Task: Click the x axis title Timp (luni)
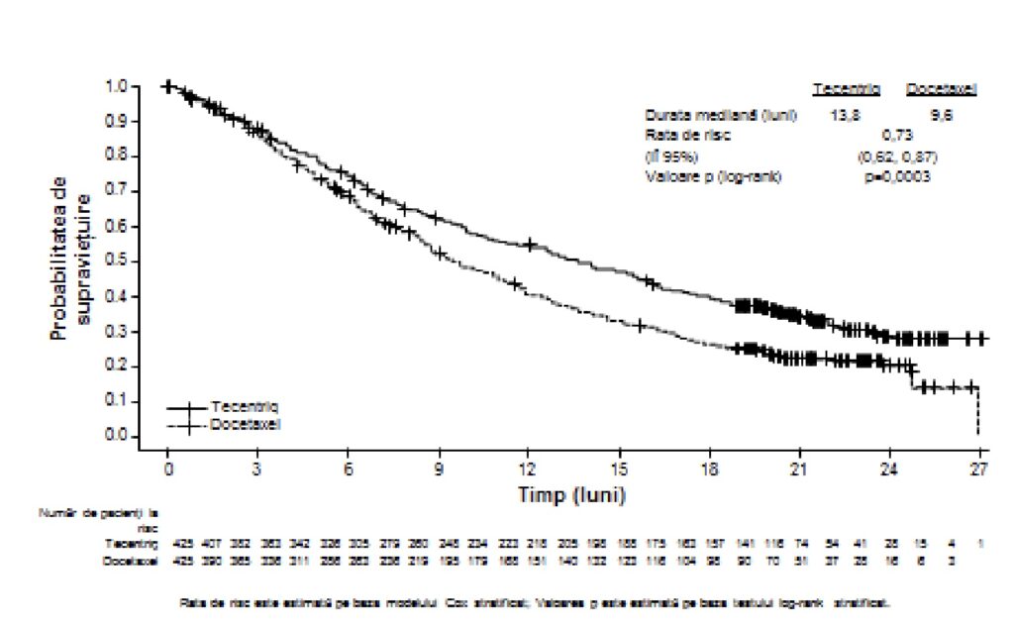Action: (x=569, y=492)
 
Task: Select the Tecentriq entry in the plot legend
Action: (x=244, y=407)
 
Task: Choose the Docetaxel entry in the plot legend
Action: (x=245, y=424)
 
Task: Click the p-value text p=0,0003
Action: (x=896, y=176)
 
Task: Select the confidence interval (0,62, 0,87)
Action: (x=897, y=156)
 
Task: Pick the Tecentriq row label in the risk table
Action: (x=132, y=544)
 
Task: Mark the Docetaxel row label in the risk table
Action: (x=132, y=562)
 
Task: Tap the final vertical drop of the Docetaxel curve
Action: (x=977, y=411)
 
